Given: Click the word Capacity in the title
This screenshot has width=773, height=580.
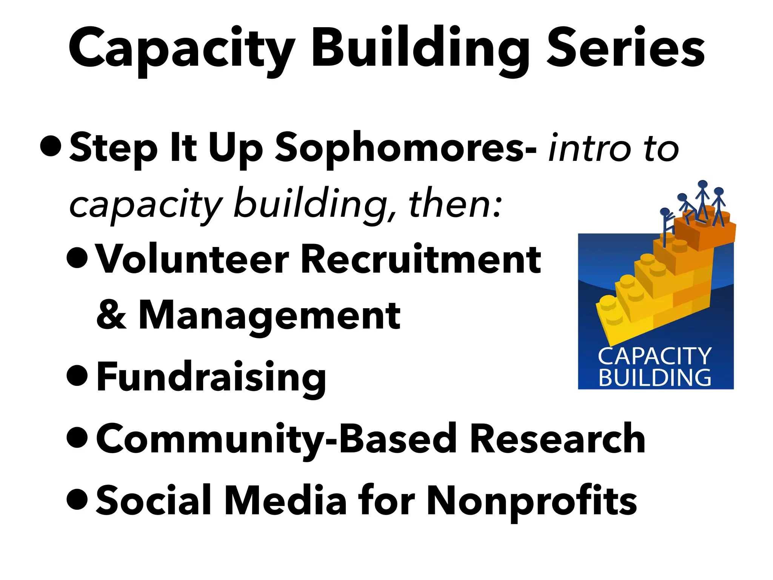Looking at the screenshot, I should tap(181, 49).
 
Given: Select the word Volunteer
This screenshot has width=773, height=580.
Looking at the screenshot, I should tap(192, 259).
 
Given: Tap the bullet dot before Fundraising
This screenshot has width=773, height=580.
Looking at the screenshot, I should tap(77, 375).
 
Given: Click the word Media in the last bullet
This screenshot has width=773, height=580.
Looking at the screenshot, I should tap(285, 500).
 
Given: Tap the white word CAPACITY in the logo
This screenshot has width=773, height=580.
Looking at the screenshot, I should tap(655, 356).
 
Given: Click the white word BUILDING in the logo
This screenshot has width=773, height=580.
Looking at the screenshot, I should tap(655, 378).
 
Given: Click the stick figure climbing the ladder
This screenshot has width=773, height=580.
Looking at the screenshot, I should tap(666, 223).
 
